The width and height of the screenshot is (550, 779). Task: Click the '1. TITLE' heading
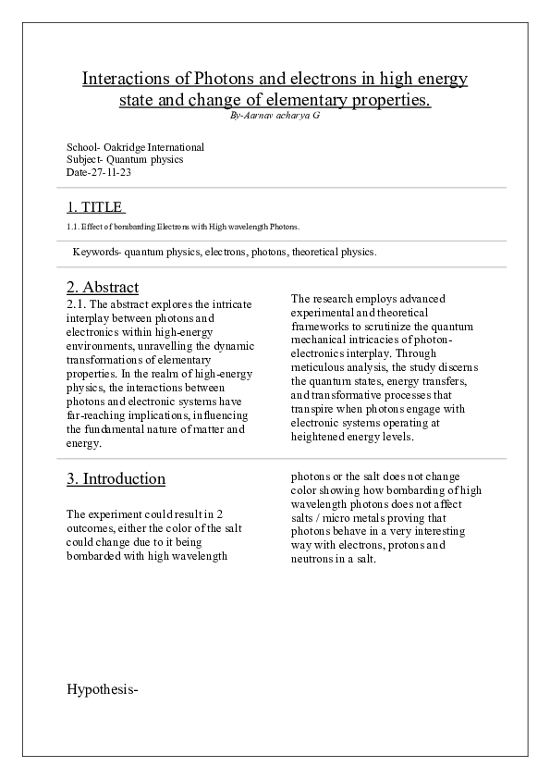tap(94, 207)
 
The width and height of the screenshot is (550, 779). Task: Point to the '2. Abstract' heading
tap(103, 287)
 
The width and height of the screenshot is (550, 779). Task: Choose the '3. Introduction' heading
tap(116, 478)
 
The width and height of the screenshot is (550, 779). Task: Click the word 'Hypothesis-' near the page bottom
tap(103, 688)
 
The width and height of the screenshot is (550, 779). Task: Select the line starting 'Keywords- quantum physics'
tap(224, 252)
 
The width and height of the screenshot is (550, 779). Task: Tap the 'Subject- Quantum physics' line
tap(125, 159)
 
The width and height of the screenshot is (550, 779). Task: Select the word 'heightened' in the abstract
tap(317, 436)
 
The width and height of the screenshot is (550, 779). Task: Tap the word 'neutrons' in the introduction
tap(313, 559)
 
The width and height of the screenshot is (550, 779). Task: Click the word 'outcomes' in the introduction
tap(92, 528)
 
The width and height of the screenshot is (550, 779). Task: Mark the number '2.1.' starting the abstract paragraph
tap(77, 303)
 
